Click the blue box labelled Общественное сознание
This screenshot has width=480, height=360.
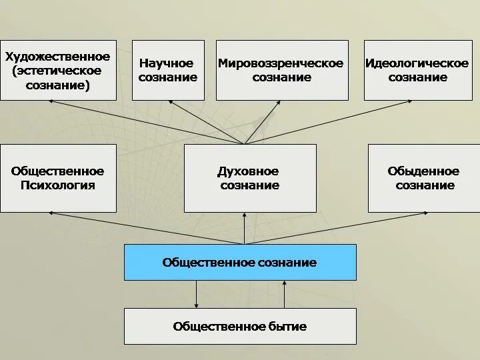[240, 262]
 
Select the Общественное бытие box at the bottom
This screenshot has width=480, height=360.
[240, 326]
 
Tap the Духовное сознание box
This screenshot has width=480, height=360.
[250, 178]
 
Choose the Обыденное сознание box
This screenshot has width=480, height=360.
[424, 178]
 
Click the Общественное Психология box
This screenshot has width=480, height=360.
[58, 178]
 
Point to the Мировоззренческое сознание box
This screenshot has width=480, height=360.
[282, 70]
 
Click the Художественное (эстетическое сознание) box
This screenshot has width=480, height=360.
[58, 70]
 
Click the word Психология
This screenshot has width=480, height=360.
[57, 185]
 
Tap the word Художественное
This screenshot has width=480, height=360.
[57, 56]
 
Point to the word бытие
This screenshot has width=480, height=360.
[289, 326]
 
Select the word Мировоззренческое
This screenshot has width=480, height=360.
[281, 63]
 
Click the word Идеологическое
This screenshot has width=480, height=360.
[417, 63]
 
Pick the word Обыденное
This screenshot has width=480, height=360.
[423, 171]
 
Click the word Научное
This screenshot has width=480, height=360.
[167, 63]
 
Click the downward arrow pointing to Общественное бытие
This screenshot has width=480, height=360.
[196, 294]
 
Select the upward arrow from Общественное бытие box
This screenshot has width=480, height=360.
[285, 294]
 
